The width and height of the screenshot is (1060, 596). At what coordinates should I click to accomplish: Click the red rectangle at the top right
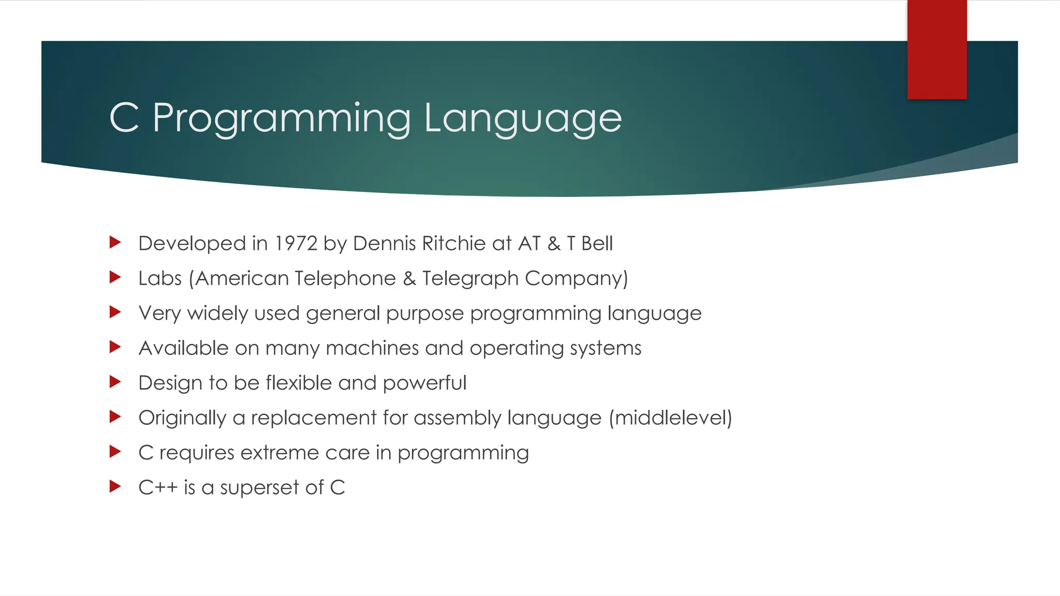(x=937, y=50)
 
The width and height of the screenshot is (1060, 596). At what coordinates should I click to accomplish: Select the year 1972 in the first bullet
(x=296, y=244)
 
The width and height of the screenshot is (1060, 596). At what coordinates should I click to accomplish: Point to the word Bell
(x=597, y=244)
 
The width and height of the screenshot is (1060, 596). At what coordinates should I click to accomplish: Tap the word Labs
(x=160, y=278)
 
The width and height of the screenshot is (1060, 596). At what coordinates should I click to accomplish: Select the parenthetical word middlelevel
(x=670, y=418)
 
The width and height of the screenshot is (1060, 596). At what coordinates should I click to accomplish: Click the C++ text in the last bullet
(x=158, y=487)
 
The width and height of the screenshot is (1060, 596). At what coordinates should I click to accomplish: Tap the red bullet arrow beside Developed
(x=115, y=242)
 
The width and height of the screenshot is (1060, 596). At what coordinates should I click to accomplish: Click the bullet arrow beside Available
(x=115, y=347)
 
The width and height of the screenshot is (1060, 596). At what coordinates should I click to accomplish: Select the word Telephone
(x=346, y=278)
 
